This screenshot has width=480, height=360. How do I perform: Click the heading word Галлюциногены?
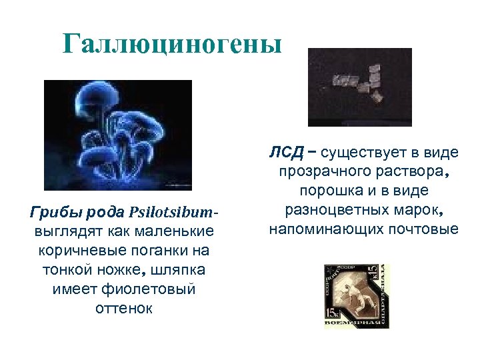coord(173,44)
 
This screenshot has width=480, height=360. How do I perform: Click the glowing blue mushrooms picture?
coord(117,135)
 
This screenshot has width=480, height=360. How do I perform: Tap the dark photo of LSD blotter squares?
coord(359,87)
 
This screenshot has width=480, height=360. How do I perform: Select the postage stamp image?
coord(356,296)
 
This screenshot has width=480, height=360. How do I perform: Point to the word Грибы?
coord(53,213)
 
